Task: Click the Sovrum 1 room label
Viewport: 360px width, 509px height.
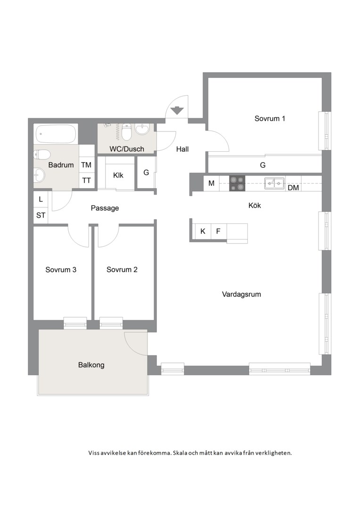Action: (x=270, y=118)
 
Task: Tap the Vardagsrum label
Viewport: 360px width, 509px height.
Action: (x=241, y=295)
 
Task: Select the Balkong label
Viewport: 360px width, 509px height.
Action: (x=91, y=365)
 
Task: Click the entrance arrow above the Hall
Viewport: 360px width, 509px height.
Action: (x=176, y=110)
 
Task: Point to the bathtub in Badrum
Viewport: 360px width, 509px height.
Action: (x=56, y=134)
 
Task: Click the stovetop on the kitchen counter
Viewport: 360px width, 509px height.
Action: (x=237, y=184)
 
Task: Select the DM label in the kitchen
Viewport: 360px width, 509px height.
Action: (x=293, y=188)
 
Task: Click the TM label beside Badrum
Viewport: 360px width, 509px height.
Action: (x=86, y=165)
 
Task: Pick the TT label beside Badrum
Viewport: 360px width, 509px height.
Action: (x=86, y=181)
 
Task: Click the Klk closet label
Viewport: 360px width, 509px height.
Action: (x=118, y=175)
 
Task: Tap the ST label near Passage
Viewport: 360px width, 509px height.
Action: (x=41, y=215)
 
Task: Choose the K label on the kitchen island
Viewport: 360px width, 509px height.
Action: (x=203, y=231)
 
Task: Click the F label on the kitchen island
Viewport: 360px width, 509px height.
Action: (x=218, y=231)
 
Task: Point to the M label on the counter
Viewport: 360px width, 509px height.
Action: (x=211, y=183)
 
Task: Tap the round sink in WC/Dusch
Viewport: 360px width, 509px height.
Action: (x=142, y=130)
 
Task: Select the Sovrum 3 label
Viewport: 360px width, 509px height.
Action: (x=61, y=270)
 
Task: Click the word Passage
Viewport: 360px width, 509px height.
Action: (x=105, y=208)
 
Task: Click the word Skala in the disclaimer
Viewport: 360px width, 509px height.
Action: (x=180, y=453)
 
